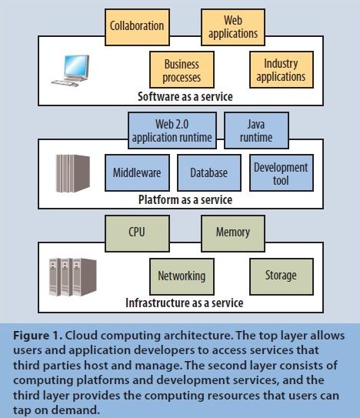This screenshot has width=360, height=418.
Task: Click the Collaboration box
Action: (137, 25)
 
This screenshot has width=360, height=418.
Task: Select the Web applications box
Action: (232, 25)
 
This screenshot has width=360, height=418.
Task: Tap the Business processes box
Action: (182, 70)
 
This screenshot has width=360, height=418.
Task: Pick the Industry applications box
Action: (279, 70)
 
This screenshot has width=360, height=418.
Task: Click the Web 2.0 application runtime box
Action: (164, 129)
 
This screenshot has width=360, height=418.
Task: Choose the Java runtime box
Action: (258, 129)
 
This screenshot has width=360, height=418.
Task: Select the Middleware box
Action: (136, 172)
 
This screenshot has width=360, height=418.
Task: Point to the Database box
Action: (208, 172)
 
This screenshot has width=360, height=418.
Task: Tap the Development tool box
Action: (280, 172)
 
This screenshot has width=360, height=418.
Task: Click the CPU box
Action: (137, 231)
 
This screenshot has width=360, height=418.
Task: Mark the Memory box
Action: (232, 231)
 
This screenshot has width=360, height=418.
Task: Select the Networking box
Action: (182, 276)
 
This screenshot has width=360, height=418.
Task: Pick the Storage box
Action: (280, 276)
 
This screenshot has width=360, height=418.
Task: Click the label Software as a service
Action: (185, 97)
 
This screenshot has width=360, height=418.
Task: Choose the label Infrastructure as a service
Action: (185, 303)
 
